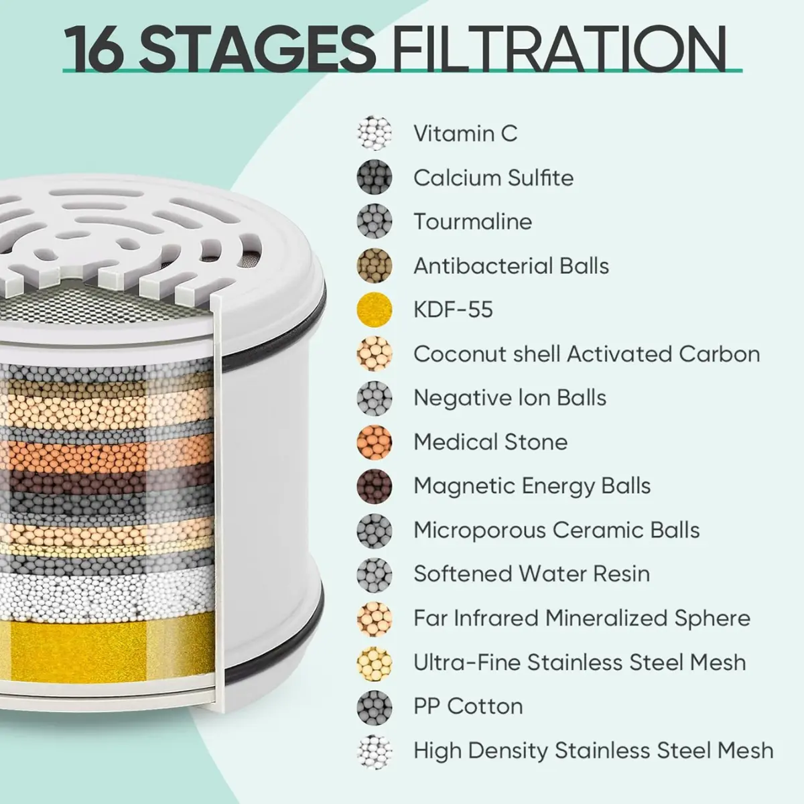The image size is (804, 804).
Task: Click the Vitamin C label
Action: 465,133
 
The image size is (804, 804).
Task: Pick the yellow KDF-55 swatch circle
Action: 375,310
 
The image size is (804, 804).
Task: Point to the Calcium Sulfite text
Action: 494,178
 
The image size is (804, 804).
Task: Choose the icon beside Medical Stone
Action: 375,442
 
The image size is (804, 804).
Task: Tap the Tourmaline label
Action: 473,222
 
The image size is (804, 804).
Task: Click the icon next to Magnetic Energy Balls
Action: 375,486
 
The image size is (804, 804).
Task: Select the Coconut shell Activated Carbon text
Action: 587,354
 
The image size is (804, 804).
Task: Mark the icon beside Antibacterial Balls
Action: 375,265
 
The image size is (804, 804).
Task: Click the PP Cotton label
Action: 468,706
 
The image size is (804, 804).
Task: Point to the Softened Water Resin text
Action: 532,574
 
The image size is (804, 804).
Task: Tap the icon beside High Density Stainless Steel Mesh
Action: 375,751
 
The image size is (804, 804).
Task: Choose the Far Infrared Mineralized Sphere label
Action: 582,618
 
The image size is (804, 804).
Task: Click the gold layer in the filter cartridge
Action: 108,648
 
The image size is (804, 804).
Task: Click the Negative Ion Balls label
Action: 510,397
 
